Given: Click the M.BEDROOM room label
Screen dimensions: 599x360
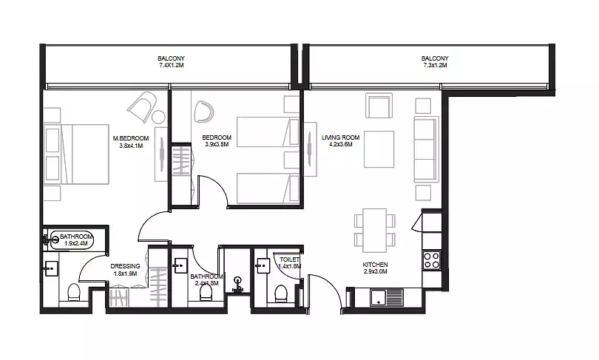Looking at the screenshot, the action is [x=131, y=138].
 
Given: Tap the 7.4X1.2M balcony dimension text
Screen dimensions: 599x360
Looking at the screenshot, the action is [x=171, y=65].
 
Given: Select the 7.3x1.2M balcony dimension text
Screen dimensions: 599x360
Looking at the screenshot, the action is [x=435, y=65].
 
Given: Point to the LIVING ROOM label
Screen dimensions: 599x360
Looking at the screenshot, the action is [x=340, y=137].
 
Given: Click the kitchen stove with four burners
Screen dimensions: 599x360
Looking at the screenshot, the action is [x=432, y=261].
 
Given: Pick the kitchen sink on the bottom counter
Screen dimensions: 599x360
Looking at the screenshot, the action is [x=387, y=297].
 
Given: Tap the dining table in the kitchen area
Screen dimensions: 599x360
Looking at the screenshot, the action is [x=375, y=230].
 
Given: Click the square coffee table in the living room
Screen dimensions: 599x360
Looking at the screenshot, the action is [x=379, y=149].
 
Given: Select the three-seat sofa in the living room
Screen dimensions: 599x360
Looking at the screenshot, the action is [x=426, y=149].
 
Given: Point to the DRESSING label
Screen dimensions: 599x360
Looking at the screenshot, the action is [x=125, y=266].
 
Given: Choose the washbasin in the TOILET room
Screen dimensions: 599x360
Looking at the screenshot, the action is [x=263, y=265].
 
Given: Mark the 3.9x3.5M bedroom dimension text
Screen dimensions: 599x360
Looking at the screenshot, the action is [x=217, y=144].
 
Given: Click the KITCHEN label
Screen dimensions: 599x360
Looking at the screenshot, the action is [x=375, y=265].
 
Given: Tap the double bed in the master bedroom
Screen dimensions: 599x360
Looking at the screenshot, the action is [x=76, y=154].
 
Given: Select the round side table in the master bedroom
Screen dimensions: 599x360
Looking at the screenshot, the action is [x=158, y=117].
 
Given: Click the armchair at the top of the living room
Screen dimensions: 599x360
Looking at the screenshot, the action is [x=379, y=106].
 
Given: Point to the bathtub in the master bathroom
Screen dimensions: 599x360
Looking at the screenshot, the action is [x=72, y=240].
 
